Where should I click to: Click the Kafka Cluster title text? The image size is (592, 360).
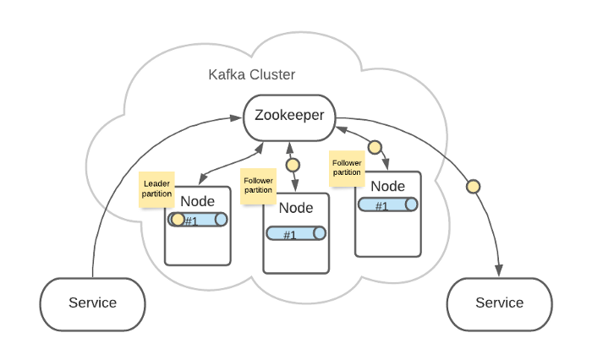(x=252, y=74)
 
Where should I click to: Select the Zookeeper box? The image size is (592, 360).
(x=289, y=117)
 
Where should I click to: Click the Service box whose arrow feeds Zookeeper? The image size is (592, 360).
(x=93, y=303)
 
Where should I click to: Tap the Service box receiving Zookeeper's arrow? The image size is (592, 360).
(x=499, y=303)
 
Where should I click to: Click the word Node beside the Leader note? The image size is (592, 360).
(x=198, y=201)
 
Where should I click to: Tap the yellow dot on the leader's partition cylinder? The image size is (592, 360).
(x=178, y=220)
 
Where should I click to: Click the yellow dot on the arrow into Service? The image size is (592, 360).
(x=474, y=186)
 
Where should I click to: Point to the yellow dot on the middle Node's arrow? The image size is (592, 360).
(x=293, y=165)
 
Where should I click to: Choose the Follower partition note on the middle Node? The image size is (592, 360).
(x=258, y=185)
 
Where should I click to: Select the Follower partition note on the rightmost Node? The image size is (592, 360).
(x=347, y=167)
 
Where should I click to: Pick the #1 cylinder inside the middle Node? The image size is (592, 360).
(x=296, y=234)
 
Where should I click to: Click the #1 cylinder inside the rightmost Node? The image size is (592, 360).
(x=387, y=205)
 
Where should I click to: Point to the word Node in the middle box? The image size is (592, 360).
(x=296, y=208)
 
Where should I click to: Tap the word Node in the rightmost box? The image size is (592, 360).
(x=387, y=186)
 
